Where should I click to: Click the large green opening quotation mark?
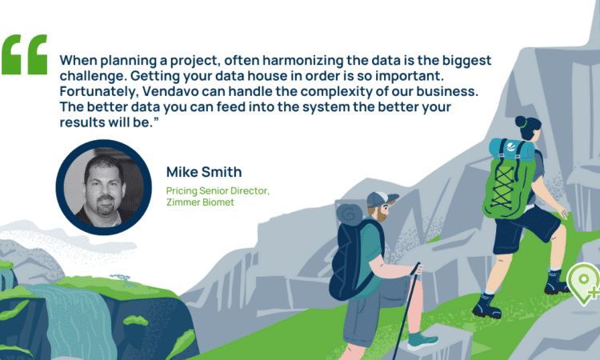[x=25, y=54]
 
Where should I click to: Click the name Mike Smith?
[x=204, y=172]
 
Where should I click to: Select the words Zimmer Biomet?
[x=200, y=202]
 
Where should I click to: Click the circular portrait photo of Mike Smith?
[x=104, y=187]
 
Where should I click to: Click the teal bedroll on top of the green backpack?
[x=511, y=150]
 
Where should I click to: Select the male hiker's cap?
[x=382, y=199]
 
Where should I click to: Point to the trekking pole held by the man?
[x=406, y=310]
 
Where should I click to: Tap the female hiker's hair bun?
[x=521, y=122]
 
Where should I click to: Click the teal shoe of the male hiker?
[x=422, y=341]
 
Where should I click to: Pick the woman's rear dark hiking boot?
[x=486, y=306]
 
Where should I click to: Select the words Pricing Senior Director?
[x=218, y=190]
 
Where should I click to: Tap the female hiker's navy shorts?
[x=526, y=229]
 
